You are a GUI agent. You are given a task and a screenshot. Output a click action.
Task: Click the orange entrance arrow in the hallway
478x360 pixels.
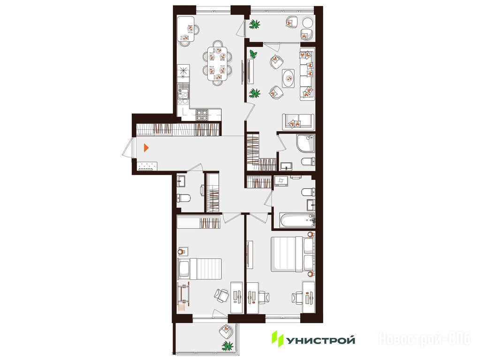click(146, 148)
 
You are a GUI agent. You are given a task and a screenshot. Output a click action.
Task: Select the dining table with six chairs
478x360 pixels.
click(217, 63)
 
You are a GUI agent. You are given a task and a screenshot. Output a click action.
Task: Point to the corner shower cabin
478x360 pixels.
click(305, 143)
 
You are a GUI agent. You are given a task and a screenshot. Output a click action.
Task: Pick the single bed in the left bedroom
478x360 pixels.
click(199, 269)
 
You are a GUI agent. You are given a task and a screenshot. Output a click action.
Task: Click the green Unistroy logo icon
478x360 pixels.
click(278, 339)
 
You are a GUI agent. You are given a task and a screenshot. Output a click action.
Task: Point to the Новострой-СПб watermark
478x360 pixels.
click(425, 339)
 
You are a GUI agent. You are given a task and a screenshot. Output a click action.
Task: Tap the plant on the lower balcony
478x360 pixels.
click(228, 345)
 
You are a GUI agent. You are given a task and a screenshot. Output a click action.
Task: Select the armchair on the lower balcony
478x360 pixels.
click(226, 331)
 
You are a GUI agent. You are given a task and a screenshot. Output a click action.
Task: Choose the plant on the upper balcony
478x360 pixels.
click(255, 24)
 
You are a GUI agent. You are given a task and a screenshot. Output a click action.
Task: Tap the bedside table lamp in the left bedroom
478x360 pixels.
click(182, 252)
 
